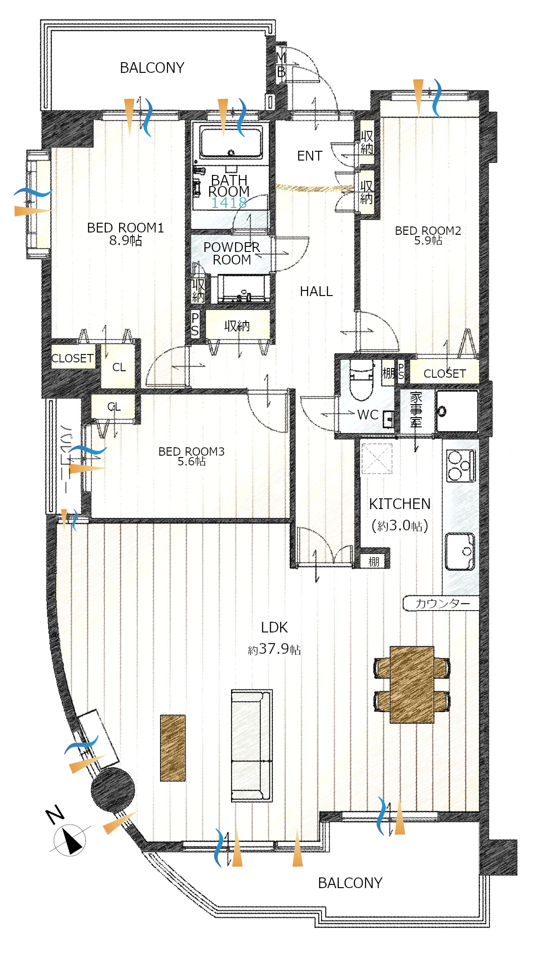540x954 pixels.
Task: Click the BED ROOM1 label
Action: [x=125, y=228]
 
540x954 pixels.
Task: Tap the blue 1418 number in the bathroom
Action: [x=229, y=202]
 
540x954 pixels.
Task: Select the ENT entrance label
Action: [x=309, y=156]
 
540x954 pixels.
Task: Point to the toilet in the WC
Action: [x=361, y=380]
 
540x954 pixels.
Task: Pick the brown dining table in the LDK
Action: [x=412, y=684]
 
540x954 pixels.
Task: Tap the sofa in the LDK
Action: [x=251, y=746]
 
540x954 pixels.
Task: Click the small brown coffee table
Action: [x=173, y=748]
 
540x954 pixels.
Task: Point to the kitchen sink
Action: [x=460, y=551]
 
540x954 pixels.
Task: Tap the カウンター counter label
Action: [x=442, y=603]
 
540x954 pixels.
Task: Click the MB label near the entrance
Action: [x=281, y=65]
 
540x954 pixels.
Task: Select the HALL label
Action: [x=316, y=291]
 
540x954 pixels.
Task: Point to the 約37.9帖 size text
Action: [x=274, y=649]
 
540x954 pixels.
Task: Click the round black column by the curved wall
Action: [x=113, y=789]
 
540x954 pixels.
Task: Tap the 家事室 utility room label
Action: [x=416, y=409]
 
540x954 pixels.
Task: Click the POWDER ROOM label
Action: [x=231, y=253]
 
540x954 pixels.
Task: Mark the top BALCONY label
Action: [x=152, y=68]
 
